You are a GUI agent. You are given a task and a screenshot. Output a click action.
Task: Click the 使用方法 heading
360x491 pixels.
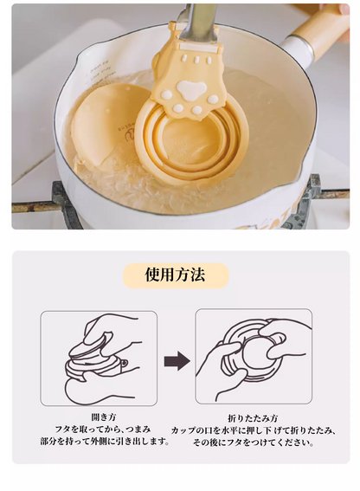coord(176,275)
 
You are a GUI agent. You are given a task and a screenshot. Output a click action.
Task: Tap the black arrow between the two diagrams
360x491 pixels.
coord(177,361)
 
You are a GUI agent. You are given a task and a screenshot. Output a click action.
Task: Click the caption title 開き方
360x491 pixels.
coord(104,417)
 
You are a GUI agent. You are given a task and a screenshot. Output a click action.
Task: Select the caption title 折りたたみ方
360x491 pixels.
coord(253,418)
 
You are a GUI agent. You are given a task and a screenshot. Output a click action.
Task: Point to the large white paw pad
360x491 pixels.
coord(190,90)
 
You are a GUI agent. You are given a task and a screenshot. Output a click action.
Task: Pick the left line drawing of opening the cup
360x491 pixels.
coord(99,359)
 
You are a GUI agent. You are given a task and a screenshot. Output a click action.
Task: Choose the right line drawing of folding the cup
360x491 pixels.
coord(254,357)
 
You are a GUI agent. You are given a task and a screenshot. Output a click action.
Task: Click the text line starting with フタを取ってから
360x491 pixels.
coord(103,429)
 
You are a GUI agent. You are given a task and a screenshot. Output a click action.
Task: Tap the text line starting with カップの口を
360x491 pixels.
coord(254,430)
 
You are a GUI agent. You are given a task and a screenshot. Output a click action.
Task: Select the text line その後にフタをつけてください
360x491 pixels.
coord(254,443)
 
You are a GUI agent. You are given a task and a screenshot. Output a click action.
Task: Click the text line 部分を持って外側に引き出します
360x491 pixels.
coord(106,442)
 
